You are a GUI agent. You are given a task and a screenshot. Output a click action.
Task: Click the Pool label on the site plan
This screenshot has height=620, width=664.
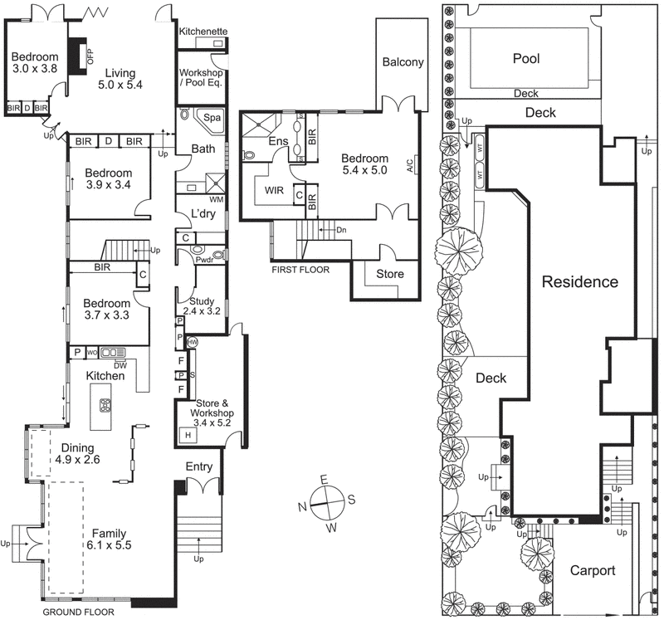(x=525, y=59)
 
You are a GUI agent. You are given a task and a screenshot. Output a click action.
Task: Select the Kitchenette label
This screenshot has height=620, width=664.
(x=204, y=31)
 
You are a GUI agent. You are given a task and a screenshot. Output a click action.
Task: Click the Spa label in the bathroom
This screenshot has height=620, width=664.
(x=212, y=118)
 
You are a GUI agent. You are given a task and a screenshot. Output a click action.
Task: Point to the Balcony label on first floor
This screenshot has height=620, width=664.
(x=403, y=62)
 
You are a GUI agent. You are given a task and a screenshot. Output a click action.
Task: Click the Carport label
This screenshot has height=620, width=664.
(x=593, y=571)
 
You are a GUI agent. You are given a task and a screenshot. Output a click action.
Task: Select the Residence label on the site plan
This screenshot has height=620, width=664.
(x=579, y=282)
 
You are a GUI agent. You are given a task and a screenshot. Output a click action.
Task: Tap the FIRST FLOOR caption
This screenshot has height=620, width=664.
(x=300, y=270)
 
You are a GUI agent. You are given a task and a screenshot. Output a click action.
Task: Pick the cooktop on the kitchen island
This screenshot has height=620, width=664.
(x=106, y=406)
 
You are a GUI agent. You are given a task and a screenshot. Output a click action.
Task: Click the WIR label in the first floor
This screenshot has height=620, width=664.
(x=275, y=190)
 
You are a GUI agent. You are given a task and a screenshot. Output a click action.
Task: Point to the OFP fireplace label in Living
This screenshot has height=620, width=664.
(x=91, y=56)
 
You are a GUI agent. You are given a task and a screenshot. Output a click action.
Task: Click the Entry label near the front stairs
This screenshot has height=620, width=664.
(x=199, y=466)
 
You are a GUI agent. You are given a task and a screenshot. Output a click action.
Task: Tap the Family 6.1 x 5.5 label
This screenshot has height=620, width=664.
(x=109, y=539)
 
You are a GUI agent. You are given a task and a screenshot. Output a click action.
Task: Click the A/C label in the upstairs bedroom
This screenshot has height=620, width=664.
(x=410, y=165)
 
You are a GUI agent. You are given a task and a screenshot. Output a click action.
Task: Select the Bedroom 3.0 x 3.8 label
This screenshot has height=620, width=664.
(x=33, y=63)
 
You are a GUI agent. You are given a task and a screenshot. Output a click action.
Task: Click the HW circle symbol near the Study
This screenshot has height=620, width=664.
(x=192, y=342)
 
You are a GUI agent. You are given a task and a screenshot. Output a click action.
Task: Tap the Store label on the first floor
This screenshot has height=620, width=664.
(x=390, y=275)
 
